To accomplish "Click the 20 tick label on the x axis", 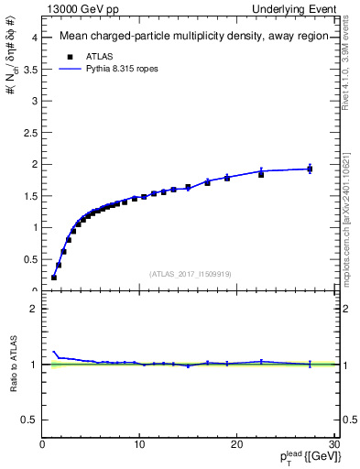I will [x=236, y=445].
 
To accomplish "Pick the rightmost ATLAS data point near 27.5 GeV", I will [x=310, y=169].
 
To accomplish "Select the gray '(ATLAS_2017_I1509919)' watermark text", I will [x=191, y=273].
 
